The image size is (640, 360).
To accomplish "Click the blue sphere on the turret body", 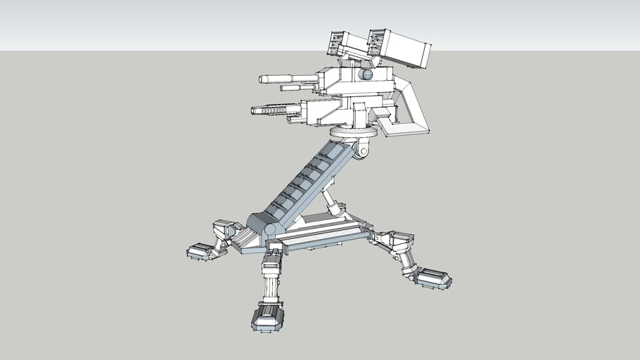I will point(366,75).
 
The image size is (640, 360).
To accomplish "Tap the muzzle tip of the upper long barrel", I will point(262,79).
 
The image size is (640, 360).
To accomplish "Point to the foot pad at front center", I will point(267,317).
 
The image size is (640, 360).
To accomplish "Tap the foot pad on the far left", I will point(203,250).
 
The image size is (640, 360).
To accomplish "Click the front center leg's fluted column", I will point(270,288).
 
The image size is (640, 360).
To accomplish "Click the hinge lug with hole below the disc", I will point(363,148).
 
